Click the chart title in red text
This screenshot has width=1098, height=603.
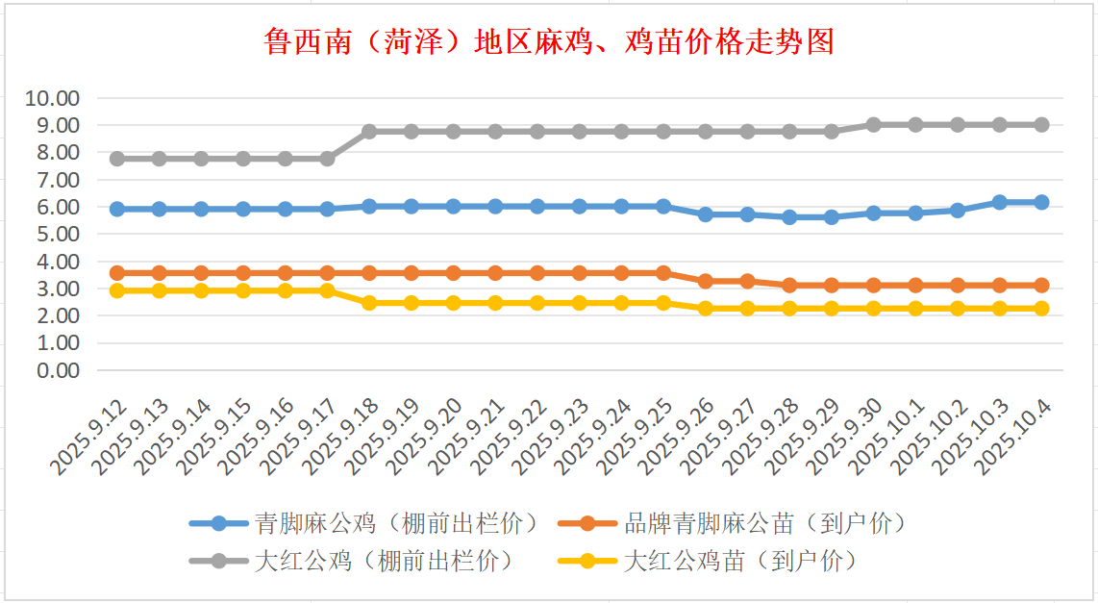[549, 42]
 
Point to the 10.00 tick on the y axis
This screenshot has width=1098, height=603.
[54, 98]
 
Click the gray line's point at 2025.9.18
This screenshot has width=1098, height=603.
[369, 131]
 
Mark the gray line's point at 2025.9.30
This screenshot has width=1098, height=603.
[873, 125]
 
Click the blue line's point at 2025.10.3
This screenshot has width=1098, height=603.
[999, 202]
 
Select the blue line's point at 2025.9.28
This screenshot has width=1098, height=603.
[789, 217]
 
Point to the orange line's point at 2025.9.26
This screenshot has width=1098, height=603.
[705, 281]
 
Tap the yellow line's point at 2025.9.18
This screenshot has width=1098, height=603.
[369, 303]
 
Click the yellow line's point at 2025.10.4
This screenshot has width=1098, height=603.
[1041, 309]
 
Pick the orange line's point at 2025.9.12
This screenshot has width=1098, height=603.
[117, 273]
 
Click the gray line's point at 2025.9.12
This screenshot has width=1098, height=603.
[117, 159]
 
